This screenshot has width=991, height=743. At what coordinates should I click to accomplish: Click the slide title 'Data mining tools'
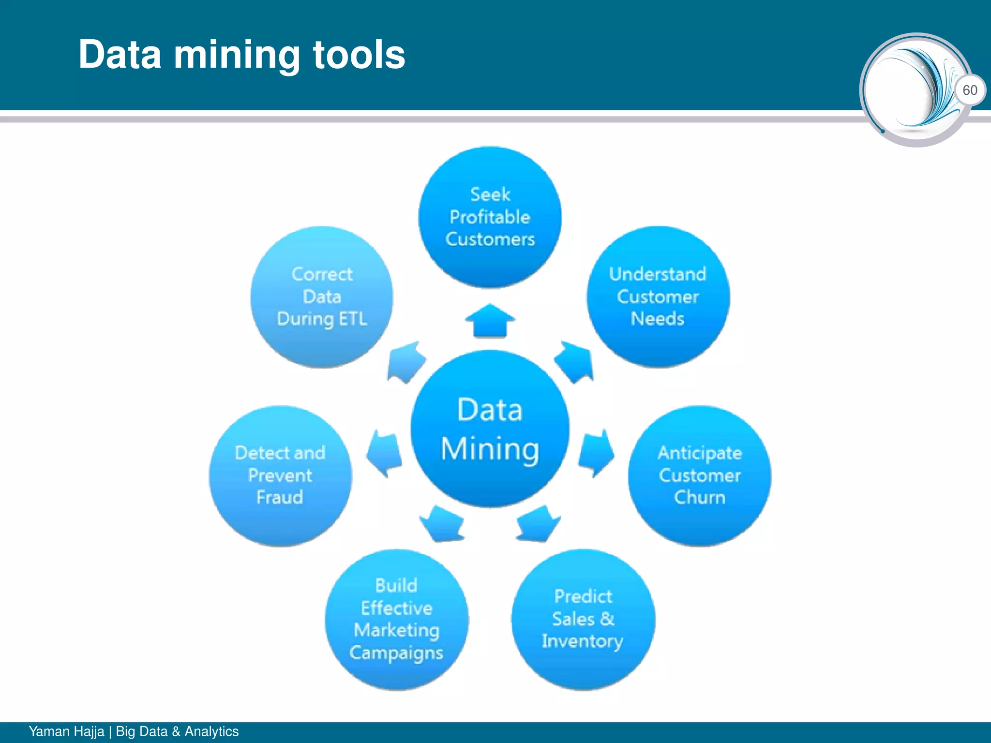[x=241, y=55]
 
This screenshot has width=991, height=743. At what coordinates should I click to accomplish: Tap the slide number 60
[x=970, y=90]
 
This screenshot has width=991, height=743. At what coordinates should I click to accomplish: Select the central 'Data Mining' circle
[x=490, y=429]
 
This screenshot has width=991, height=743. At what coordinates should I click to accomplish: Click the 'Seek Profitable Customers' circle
[x=490, y=217]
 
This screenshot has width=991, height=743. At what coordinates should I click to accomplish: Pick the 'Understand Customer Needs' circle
[x=658, y=297]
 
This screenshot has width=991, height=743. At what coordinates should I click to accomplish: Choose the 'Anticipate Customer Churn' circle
[x=699, y=476]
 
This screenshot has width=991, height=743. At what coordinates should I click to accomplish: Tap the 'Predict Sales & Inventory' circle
[x=583, y=619]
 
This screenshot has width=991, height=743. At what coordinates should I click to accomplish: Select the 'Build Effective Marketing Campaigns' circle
[x=396, y=619]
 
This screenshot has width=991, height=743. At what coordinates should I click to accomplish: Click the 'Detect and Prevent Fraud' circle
[x=280, y=476]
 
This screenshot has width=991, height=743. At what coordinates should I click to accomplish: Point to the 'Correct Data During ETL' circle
[x=322, y=297]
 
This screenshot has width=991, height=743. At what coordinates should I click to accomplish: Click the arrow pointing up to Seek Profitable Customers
[x=490, y=320]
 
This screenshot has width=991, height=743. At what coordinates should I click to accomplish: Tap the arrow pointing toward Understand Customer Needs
[x=574, y=362]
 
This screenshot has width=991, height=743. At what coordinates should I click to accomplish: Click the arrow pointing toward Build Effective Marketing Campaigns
[x=442, y=524]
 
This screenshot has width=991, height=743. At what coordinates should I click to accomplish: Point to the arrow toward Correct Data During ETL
[x=405, y=362]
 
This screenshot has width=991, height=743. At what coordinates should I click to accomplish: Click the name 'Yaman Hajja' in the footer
[x=66, y=731]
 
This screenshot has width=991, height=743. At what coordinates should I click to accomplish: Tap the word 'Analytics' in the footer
[x=211, y=731]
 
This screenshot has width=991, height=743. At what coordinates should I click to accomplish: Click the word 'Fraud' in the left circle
[x=280, y=497]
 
